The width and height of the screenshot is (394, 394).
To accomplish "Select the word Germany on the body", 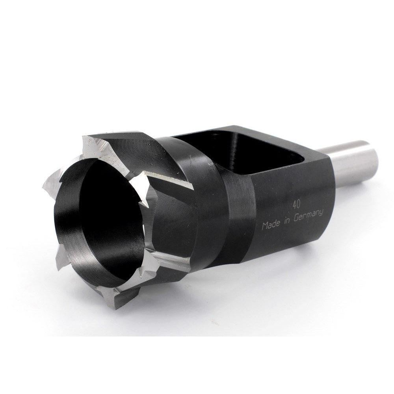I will pos(309,216).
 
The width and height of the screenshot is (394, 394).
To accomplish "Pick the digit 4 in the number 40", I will pos(295,205).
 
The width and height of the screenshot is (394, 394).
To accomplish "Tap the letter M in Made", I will pos(265,227).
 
